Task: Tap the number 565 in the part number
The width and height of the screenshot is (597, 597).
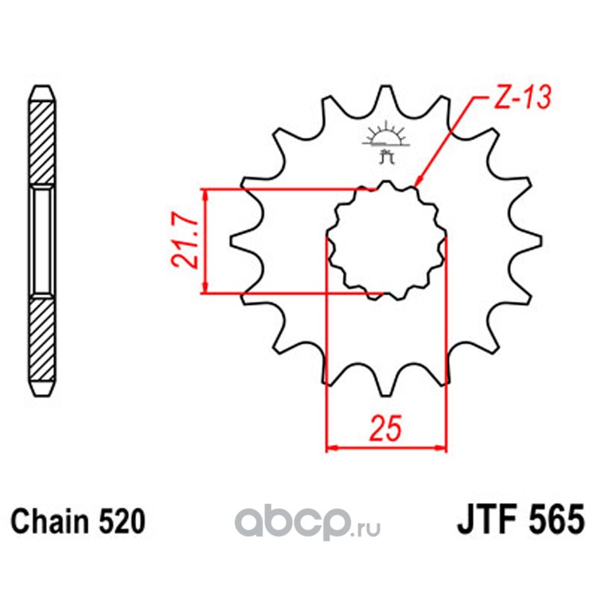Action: tap(556, 520)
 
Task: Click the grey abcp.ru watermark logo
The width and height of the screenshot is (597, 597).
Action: tap(307, 521)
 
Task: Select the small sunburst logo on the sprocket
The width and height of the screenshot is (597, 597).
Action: tap(386, 141)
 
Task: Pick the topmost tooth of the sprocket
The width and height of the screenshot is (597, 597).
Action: tap(385, 99)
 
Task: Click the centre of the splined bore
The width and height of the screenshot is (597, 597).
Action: tap(386, 240)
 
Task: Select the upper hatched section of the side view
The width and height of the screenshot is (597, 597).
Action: tap(41, 144)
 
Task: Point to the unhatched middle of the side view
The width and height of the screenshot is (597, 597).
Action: tap(41, 242)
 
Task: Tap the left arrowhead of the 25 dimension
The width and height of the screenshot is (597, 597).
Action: tap(332, 447)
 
